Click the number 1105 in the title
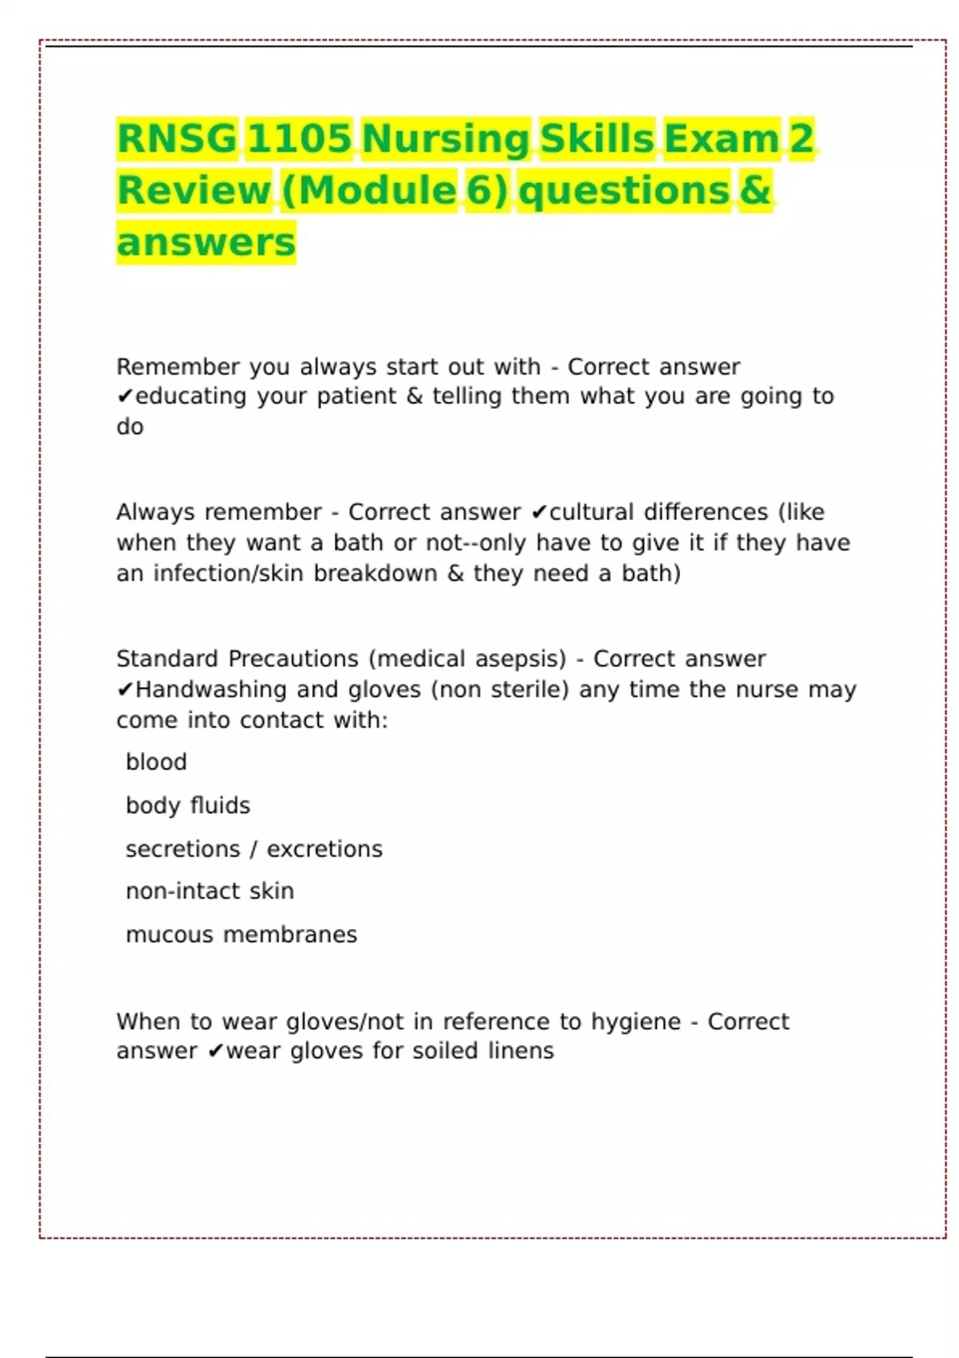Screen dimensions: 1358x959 [x=298, y=138]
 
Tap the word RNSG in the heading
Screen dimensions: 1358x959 [x=177, y=138]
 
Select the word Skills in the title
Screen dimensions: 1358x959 [x=597, y=138]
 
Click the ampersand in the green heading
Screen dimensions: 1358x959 [x=755, y=190]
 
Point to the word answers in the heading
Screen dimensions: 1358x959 [x=206, y=242]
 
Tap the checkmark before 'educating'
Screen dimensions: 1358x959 [x=125, y=397]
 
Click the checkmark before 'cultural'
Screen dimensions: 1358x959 [x=539, y=512]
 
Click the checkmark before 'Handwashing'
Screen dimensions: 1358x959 [x=125, y=690]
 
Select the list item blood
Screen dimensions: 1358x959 [x=156, y=762]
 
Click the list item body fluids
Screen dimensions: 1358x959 [x=188, y=805]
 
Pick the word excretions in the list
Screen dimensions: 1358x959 [x=324, y=848]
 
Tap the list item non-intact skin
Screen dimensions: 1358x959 [x=209, y=891]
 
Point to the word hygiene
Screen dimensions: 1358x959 [x=635, y=1022]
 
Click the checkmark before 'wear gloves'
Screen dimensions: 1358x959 [x=215, y=1052]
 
